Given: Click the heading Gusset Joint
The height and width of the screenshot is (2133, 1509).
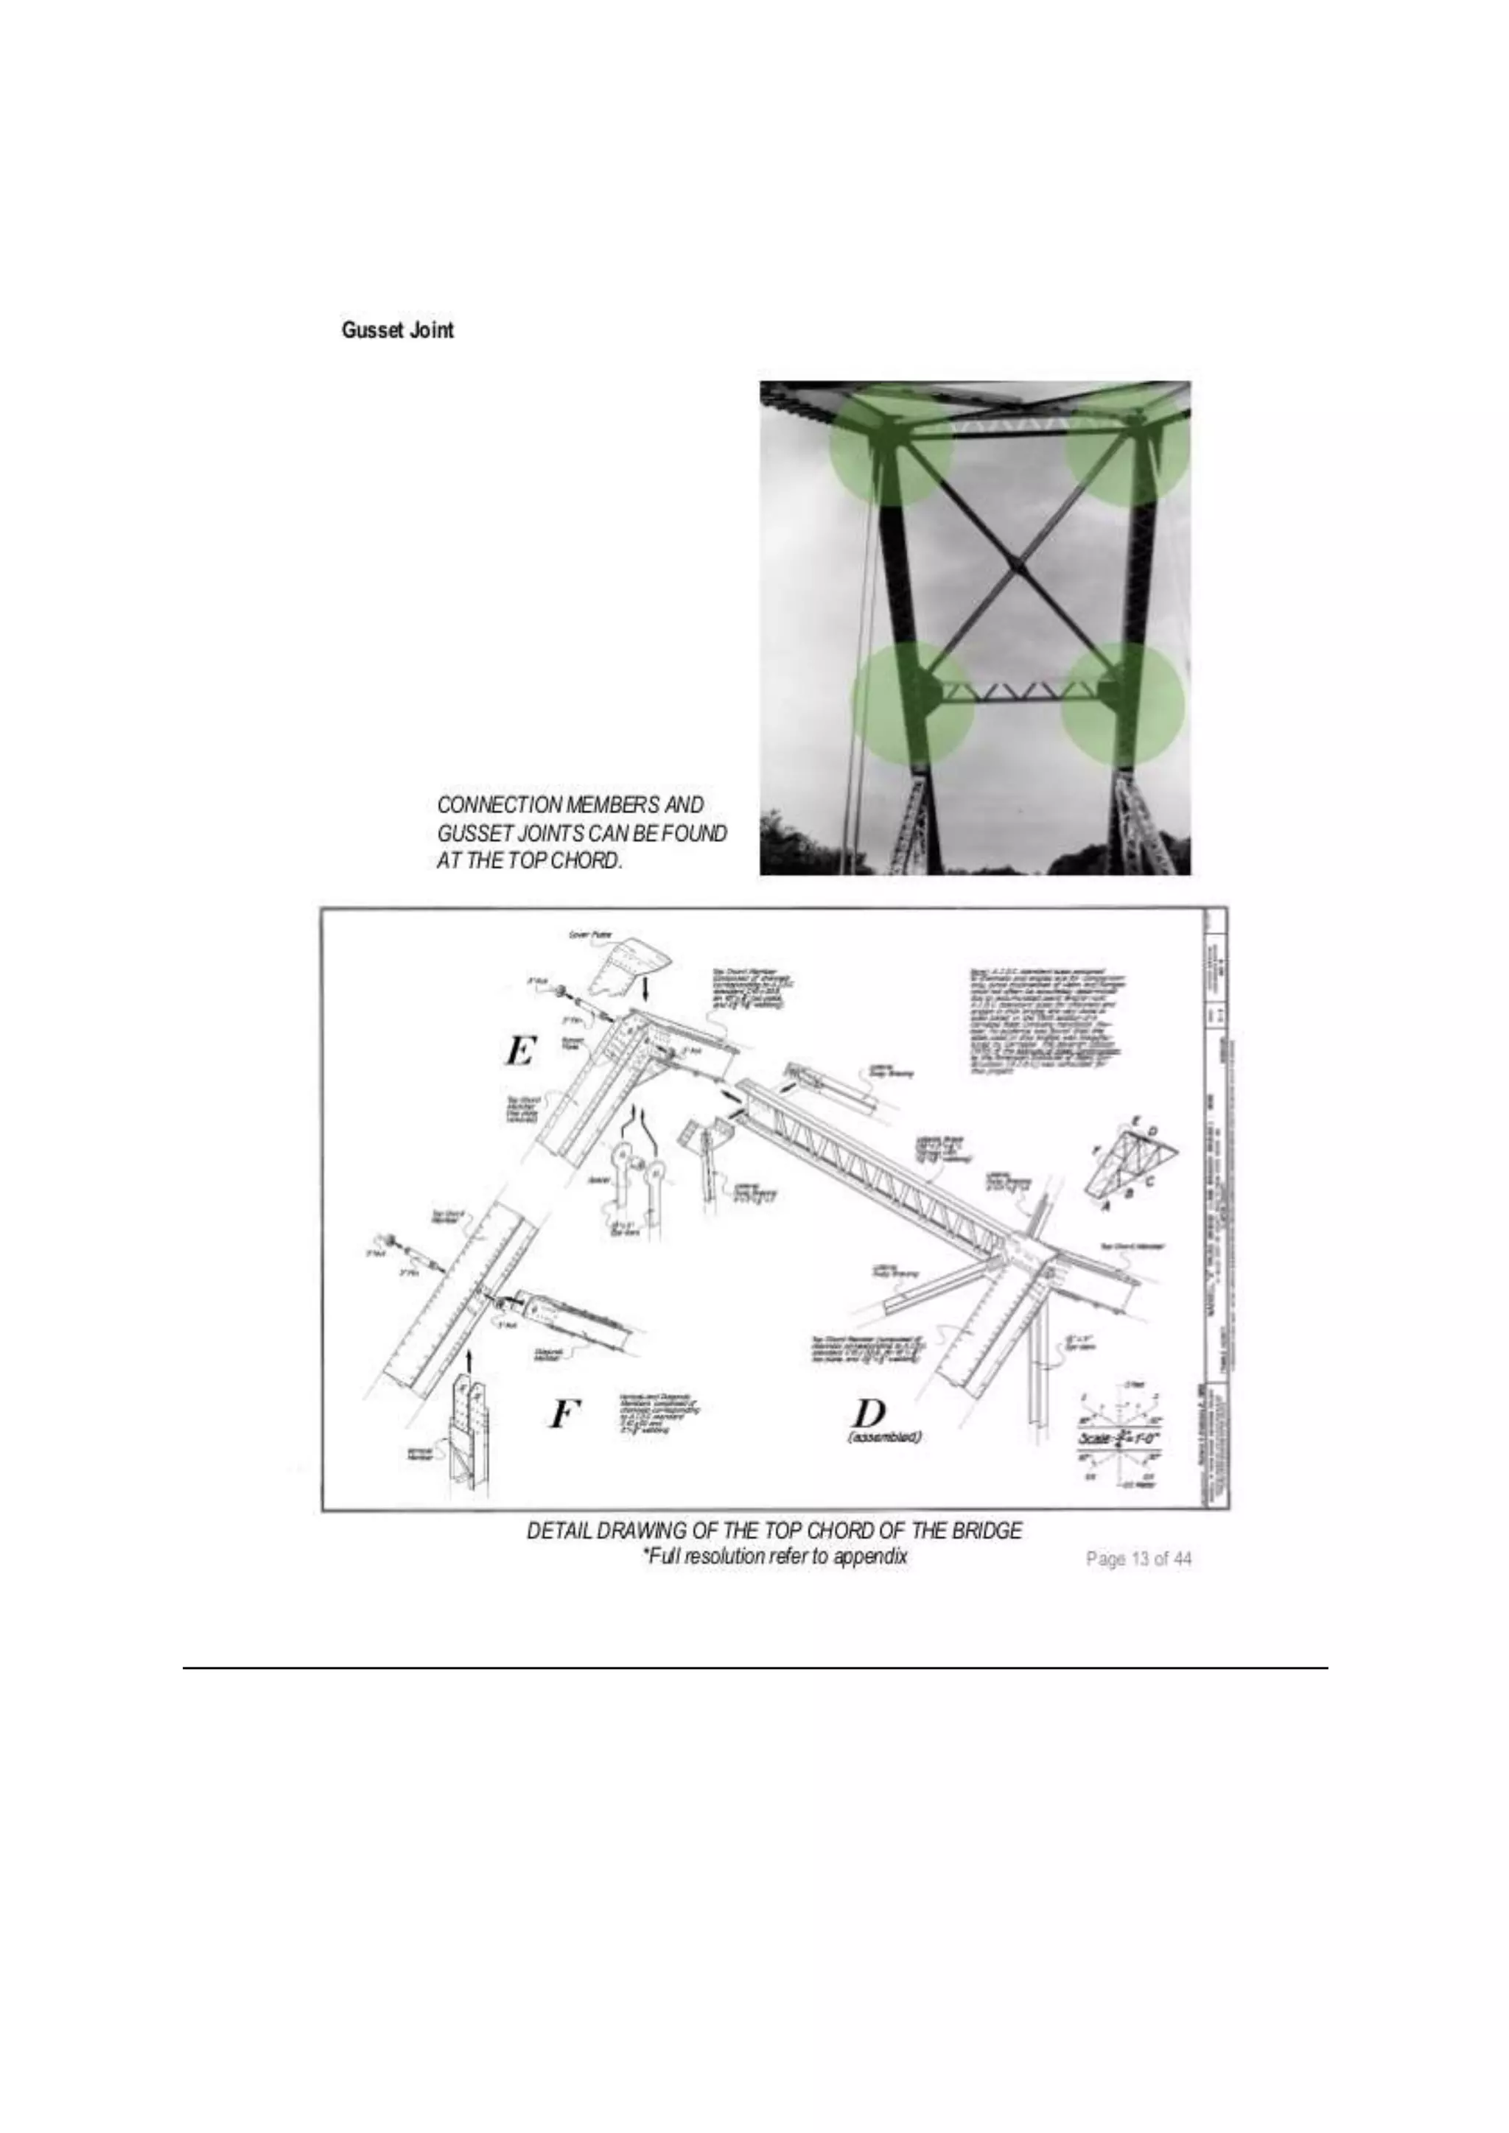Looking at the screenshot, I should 398,330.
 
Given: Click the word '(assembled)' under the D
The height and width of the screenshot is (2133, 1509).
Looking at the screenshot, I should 883,1437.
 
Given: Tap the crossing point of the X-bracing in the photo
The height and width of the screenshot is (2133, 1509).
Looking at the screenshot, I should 1018,563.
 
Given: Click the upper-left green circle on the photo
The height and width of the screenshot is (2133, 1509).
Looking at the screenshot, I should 890,443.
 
